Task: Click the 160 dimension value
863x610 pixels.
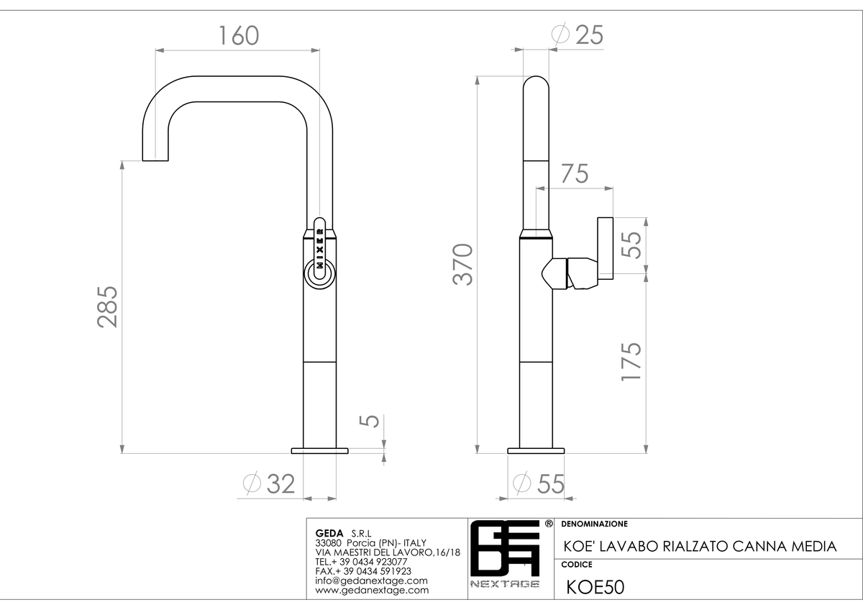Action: (239, 35)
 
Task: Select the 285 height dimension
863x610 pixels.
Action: (107, 306)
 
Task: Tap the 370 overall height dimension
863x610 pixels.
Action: (462, 264)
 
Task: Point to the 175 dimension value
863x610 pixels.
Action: (631, 361)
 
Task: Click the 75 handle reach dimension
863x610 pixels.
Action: (575, 174)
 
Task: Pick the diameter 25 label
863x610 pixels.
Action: (577, 35)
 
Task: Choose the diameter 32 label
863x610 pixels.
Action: (269, 483)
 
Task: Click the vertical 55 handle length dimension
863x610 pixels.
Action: (631, 245)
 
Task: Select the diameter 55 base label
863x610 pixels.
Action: (539, 483)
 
